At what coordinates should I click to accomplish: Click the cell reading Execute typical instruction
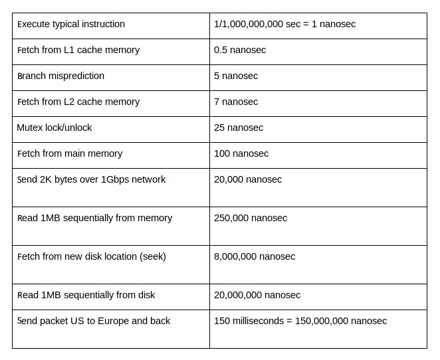(x=71, y=25)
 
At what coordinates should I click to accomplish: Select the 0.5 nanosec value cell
(x=240, y=50)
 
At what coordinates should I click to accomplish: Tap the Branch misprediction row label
(x=61, y=76)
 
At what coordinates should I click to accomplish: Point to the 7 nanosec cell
(x=236, y=102)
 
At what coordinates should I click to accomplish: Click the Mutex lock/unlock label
(x=55, y=128)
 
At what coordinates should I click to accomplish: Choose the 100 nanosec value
(x=241, y=154)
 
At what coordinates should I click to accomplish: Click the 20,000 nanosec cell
(x=248, y=180)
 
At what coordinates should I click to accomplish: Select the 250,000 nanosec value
(x=251, y=219)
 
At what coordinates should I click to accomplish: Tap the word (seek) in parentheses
(x=153, y=257)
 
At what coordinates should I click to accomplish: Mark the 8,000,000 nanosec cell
(x=255, y=257)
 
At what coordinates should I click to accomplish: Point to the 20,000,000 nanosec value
(x=257, y=296)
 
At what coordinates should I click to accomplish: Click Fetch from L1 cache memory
(x=78, y=50)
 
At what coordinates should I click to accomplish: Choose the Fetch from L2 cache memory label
(x=78, y=102)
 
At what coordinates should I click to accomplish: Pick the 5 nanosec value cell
(x=236, y=76)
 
